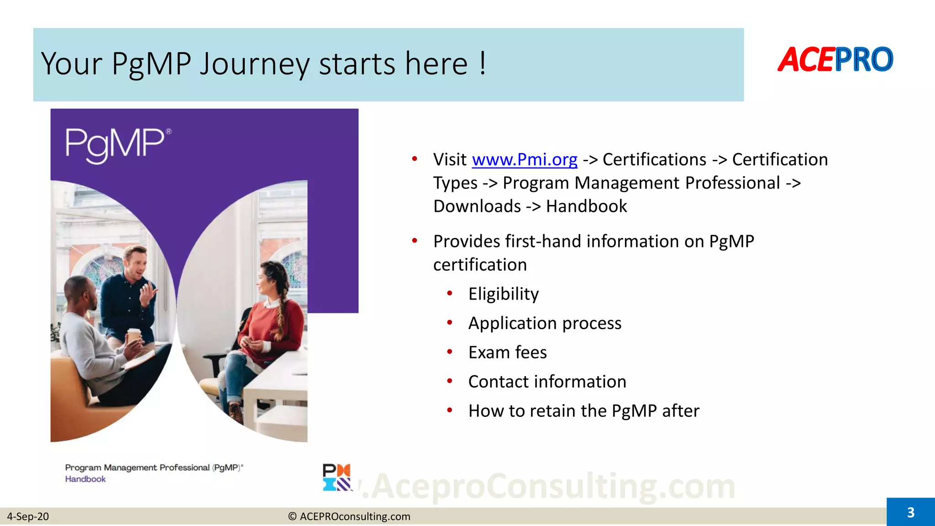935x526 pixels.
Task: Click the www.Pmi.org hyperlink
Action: (x=524, y=160)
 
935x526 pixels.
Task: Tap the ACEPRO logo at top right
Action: (x=835, y=60)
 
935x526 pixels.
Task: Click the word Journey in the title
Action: (x=255, y=64)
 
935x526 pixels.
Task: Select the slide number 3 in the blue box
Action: (x=910, y=512)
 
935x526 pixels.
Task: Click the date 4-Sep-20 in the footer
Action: (x=28, y=516)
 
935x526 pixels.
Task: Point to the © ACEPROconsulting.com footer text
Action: (x=349, y=516)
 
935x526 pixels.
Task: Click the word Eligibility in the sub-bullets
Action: (x=503, y=294)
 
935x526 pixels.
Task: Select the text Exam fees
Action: (x=507, y=352)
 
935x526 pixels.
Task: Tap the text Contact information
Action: (x=547, y=382)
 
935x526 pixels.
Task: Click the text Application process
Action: (x=545, y=323)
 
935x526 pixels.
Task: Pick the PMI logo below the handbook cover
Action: (x=337, y=477)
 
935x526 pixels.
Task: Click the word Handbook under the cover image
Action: (x=85, y=479)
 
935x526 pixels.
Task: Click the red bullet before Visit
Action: (x=415, y=159)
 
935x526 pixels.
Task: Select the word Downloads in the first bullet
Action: (x=477, y=206)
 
